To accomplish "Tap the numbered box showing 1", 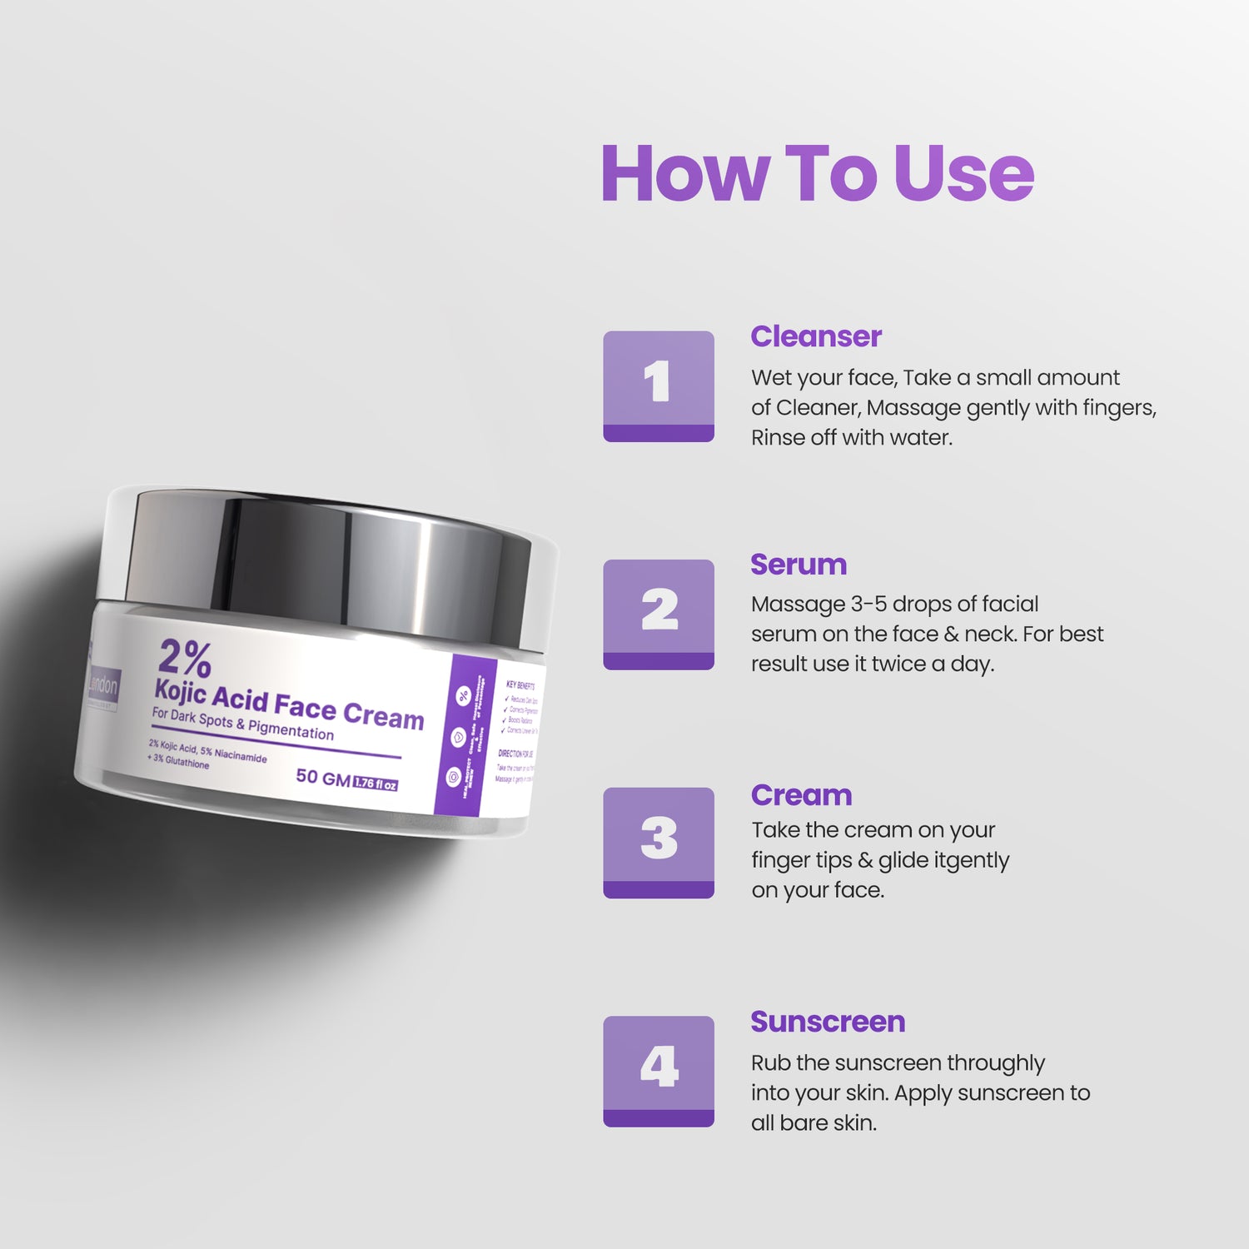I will [x=659, y=386].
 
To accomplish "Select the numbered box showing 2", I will [x=659, y=614].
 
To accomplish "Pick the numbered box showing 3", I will [x=659, y=842].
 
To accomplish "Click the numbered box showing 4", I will [x=659, y=1071].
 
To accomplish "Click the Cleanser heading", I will [x=815, y=336].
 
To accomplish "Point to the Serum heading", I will [x=798, y=565].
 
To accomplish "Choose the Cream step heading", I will [x=801, y=795].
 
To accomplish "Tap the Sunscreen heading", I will [x=828, y=1022].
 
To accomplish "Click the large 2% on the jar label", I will [x=185, y=658].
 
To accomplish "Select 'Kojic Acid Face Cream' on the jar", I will [x=289, y=704].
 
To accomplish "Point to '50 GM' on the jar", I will [x=323, y=778].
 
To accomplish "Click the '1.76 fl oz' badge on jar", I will [x=376, y=784].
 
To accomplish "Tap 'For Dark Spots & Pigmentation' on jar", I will [x=242, y=724].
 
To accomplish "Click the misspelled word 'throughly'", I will [x=995, y=1063].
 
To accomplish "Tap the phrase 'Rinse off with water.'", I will [x=851, y=438].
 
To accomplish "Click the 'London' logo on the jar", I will [x=103, y=686].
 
